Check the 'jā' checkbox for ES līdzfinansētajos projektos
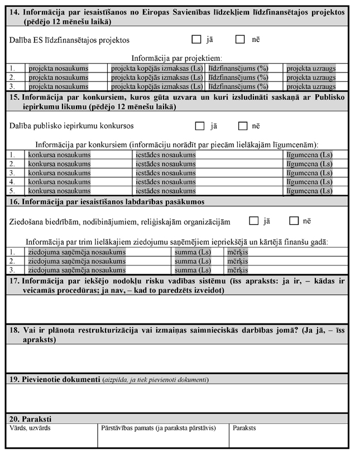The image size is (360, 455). pos(195,40)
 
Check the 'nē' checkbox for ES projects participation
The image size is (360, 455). pos(240,40)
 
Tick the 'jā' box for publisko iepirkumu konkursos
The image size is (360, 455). pos(199,125)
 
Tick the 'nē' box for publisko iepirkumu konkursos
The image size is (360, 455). pos(243,125)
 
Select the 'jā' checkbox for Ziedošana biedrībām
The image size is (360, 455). pos(253,220)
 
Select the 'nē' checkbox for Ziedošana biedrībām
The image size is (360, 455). pos(294,220)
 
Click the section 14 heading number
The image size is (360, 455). pos(14,12)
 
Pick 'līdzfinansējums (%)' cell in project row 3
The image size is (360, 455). pos(238,86)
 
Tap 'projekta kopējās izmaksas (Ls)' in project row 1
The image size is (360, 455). pos(157,69)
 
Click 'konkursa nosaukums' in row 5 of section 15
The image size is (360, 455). pos(59,191)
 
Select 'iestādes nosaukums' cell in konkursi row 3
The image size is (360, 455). pos(166,173)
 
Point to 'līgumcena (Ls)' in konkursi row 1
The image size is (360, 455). pos(309,155)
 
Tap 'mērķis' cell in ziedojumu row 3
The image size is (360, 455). pos(238,270)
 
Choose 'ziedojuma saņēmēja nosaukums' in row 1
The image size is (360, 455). pos(76,252)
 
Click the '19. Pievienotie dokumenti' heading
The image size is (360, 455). pos(55,380)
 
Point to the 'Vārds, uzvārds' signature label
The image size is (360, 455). pos(27,428)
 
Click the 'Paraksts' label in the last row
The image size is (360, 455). pos(244,428)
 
